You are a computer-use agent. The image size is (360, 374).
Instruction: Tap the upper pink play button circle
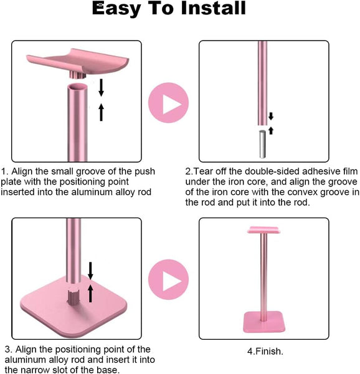(x=168, y=103)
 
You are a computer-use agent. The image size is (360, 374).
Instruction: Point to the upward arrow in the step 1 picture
(x=101, y=112)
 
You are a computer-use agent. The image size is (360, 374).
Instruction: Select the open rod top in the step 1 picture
(x=77, y=90)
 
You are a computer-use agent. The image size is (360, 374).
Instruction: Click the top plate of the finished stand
(x=264, y=231)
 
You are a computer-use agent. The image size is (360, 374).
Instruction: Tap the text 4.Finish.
(x=263, y=351)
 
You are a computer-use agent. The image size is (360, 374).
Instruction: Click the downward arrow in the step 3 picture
(x=90, y=270)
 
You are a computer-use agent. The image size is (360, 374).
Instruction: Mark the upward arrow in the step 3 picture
(x=90, y=292)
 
